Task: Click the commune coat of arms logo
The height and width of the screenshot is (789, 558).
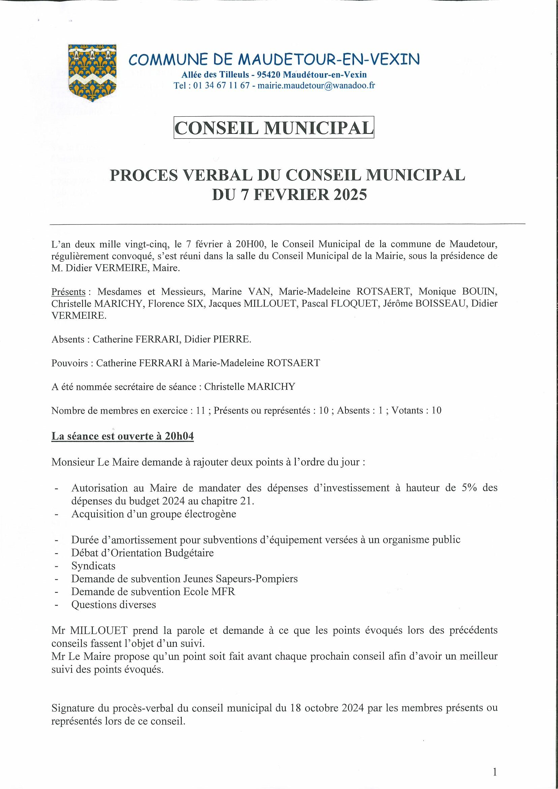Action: coord(92,73)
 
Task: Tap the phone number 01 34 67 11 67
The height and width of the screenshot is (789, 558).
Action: coord(221,86)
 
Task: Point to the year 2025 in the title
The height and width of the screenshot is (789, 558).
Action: coord(347,195)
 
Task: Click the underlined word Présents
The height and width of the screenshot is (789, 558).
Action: coord(68,292)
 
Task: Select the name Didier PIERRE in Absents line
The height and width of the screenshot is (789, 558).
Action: coord(217,340)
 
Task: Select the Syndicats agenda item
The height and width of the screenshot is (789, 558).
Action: coord(93,566)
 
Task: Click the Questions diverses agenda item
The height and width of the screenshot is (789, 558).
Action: coord(113,605)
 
